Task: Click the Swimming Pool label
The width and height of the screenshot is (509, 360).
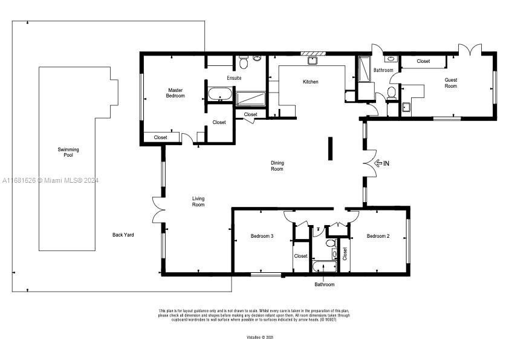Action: click(x=68, y=152)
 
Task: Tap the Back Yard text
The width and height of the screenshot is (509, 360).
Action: click(x=123, y=235)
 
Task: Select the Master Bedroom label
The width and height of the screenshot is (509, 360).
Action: click(x=175, y=93)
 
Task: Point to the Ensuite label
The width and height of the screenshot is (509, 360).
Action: click(x=234, y=78)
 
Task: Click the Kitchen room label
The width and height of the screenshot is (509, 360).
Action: click(x=310, y=82)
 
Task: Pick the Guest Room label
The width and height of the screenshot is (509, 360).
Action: click(x=451, y=83)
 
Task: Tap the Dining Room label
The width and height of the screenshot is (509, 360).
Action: click(x=277, y=166)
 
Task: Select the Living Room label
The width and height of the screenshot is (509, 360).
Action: click(x=198, y=201)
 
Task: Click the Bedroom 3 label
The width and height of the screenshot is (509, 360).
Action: click(x=262, y=236)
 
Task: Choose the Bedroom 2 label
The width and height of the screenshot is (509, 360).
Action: click(x=378, y=236)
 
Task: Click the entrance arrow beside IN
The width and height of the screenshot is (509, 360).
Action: click(x=379, y=163)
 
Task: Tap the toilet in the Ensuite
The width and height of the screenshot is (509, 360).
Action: click(x=243, y=61)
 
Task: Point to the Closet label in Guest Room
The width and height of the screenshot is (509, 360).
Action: click(x=423, y=61)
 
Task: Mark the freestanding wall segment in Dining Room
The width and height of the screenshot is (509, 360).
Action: click(x=330, y=149)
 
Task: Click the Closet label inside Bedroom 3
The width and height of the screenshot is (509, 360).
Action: click(x=300, y=256)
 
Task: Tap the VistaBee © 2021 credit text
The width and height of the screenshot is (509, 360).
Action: click(x=260, y=337)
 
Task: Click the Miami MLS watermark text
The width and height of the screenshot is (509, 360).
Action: click(x=51, y=180)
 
